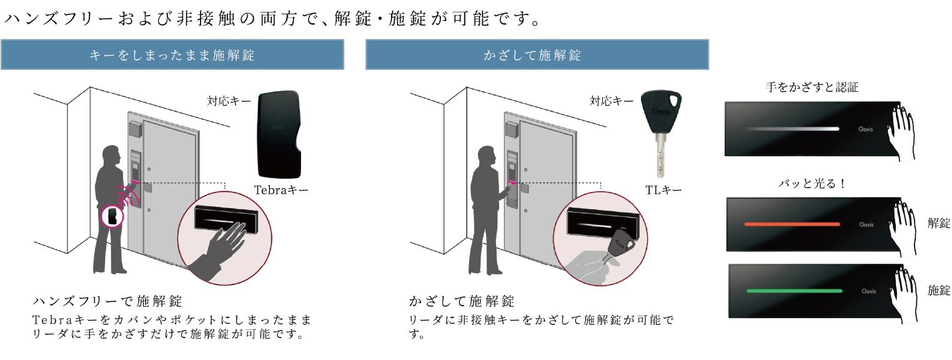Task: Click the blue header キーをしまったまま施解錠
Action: pyautogui.click(x=172, y=54)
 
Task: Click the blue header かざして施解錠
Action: pyautogui.click(x=537, y=54)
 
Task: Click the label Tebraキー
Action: pyautogui.click(x=282, y=190)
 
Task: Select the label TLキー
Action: pyautogui.click(x=663, y=190)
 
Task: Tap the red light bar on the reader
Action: pyautogui.click(x=792, y=224)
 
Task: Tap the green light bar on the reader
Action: pyautogui.click(x=794, y=291)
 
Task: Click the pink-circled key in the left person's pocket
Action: pyautogui.click(x=112, y=216)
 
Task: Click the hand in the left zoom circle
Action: pyautogui.click(x=221, y=251)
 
